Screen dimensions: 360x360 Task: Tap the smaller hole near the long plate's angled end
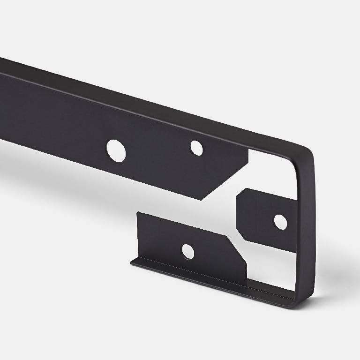point(196,148)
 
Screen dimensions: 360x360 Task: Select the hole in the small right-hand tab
point(280,222)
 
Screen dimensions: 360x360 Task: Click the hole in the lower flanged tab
point(187,252)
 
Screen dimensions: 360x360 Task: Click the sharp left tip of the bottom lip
point(131,263)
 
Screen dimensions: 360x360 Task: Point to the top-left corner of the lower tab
point(137,213)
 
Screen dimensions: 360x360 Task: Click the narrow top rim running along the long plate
point(141,98)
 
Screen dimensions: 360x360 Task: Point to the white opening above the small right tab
point(272,173)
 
